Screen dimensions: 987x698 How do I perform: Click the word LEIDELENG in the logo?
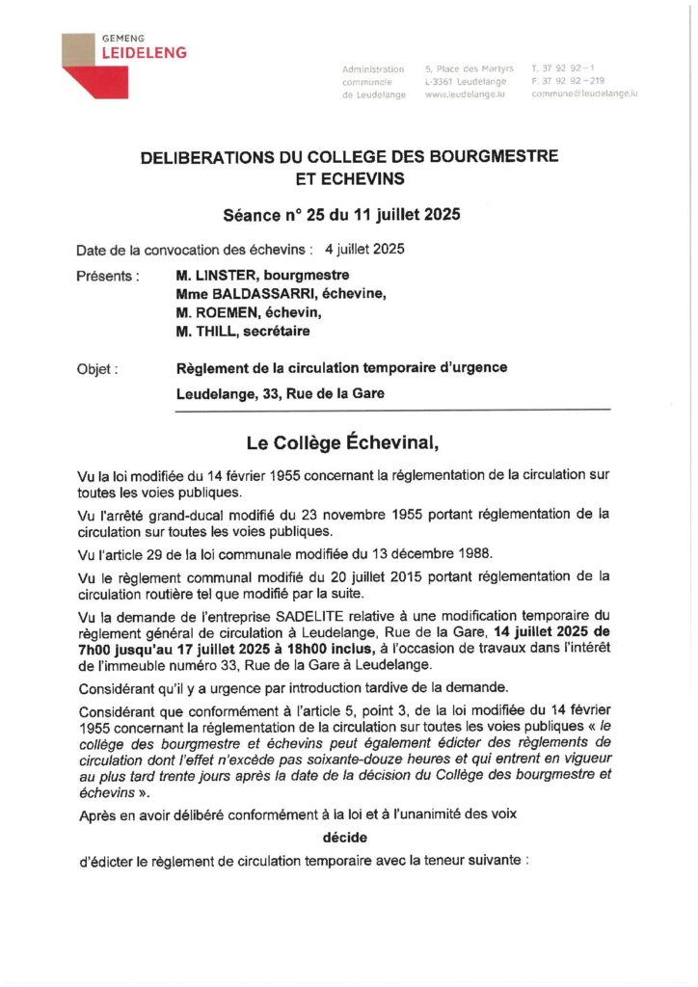(x=145, y=53)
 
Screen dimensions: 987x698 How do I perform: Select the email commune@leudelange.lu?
(x=584, y=93)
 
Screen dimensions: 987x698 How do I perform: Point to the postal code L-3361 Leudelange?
(x=467, y=81)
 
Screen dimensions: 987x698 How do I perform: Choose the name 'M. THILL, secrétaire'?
(x=243, y=331)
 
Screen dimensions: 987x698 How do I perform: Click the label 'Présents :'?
(x=108, y=276)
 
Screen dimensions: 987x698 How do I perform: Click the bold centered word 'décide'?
(x=344, y=838)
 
